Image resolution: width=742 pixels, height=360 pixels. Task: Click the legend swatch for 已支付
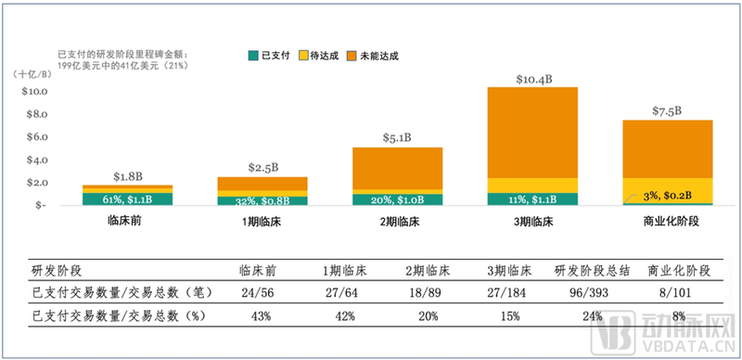[253, 55]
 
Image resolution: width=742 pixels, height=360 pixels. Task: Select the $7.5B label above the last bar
[667, 110]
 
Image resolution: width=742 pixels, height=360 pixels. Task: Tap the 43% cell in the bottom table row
[260, 315]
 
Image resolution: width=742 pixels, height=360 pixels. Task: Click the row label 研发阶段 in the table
[57, 270]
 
